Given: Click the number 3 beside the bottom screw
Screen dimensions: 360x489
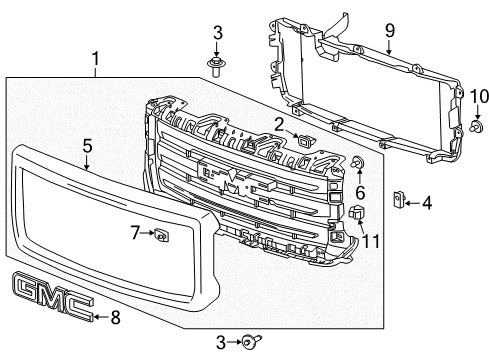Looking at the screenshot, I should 218,342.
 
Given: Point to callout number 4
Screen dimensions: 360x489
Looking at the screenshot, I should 427,203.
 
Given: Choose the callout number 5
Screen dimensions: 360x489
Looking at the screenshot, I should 87,146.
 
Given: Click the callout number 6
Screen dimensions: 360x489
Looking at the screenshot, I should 360,190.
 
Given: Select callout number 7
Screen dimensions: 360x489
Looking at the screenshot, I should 134,234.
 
